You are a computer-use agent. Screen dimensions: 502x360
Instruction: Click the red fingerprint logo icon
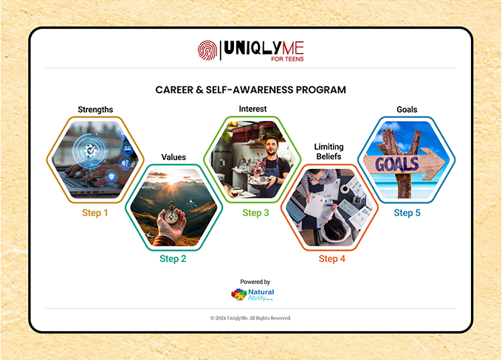pyautogui.click(x=207, y=50)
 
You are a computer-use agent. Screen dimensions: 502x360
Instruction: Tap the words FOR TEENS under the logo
pyautogui.click(x=287, y=59)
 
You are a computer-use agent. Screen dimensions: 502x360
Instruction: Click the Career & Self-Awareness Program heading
pyautogui.click(x=251, y=90)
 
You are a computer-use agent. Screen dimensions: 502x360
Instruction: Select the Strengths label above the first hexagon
pyautogui.click(x=95, y=110)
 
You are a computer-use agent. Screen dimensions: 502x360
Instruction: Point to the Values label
pyautogui.click(x=173, y=157)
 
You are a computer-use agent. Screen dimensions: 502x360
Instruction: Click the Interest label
pyautogui.click(x=252, y=109)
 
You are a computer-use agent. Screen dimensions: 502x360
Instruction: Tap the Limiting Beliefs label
pyautogui.click(x=329, y=152)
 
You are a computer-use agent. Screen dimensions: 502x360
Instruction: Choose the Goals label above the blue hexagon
pyautogui.click(x=407, y=110)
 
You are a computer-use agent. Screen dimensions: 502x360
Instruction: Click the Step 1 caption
pyautogui.click(x=95, y=212)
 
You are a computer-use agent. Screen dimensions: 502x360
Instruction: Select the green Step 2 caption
pyautogui.click(x=173, y=258)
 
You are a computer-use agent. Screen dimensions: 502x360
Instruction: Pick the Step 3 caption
pyautogui.click(x=256, y=212)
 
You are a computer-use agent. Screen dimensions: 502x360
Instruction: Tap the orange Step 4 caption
pyautogui.click(x=332, y=258)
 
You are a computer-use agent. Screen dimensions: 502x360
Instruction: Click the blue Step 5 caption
pyautogui.click(x=407, y=212)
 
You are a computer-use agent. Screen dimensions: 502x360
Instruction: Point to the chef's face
pyautogui.click(x=272, y=145)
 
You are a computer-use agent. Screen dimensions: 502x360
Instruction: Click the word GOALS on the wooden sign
pyautogui.click(x=397, y=165)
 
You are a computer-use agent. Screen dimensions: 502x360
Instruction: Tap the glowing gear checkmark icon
pyautogui.click(x=89, y=150)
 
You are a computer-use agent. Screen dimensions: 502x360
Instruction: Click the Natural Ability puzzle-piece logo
pyautogui.click(x=239, y=294)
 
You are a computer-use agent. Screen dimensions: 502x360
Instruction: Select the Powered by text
pyautogui.click(x=255, y=282)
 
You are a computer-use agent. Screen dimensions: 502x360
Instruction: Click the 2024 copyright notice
pyautogui.click(x=251, y=318)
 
